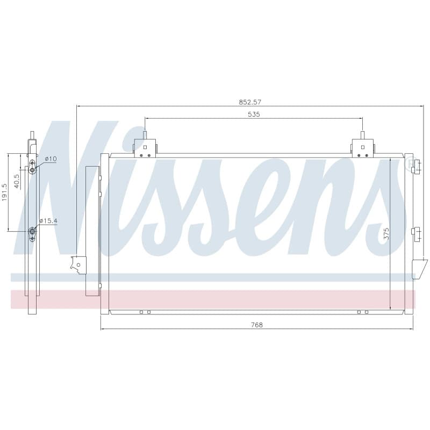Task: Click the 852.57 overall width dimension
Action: coord(250,102)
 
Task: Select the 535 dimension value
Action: coord(254,114)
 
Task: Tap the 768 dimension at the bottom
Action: coord(257,325)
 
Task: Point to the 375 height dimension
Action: coord(386,234)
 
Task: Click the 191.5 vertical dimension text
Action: coord(5,192)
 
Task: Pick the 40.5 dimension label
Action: coord(17,181)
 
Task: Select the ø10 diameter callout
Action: coord(51,159)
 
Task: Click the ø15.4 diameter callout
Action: coord(48,221)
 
